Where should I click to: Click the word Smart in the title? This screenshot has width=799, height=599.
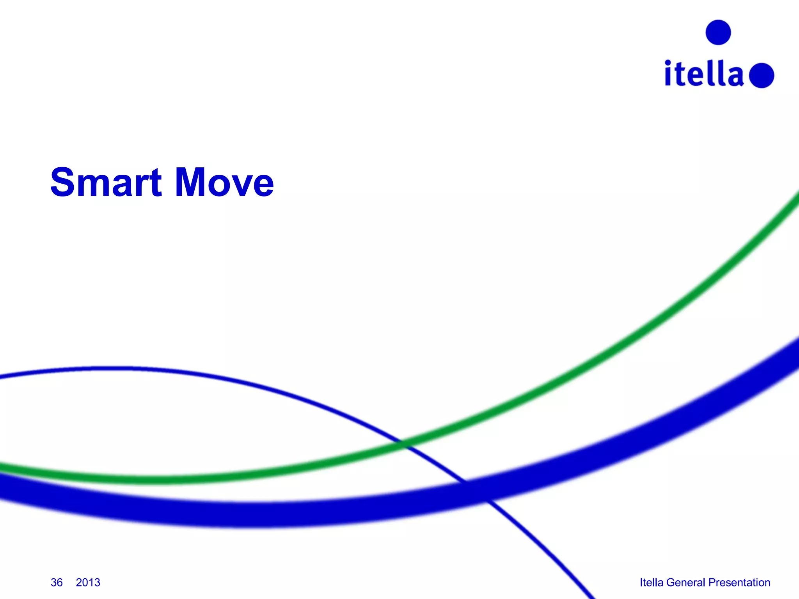106,182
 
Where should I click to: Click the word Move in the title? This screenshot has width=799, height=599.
224,182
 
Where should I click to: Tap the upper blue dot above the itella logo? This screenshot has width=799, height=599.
718,32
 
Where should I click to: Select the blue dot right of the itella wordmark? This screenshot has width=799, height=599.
762,75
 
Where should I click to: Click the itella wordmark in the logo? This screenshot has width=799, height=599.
704,74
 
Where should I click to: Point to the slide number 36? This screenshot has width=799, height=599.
57,582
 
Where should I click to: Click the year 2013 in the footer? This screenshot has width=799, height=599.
88,582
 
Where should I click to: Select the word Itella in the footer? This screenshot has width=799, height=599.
651,582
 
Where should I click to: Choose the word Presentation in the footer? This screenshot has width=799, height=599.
739,582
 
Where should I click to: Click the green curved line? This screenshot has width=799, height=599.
585,374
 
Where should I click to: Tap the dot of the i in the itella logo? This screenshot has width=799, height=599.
668,63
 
